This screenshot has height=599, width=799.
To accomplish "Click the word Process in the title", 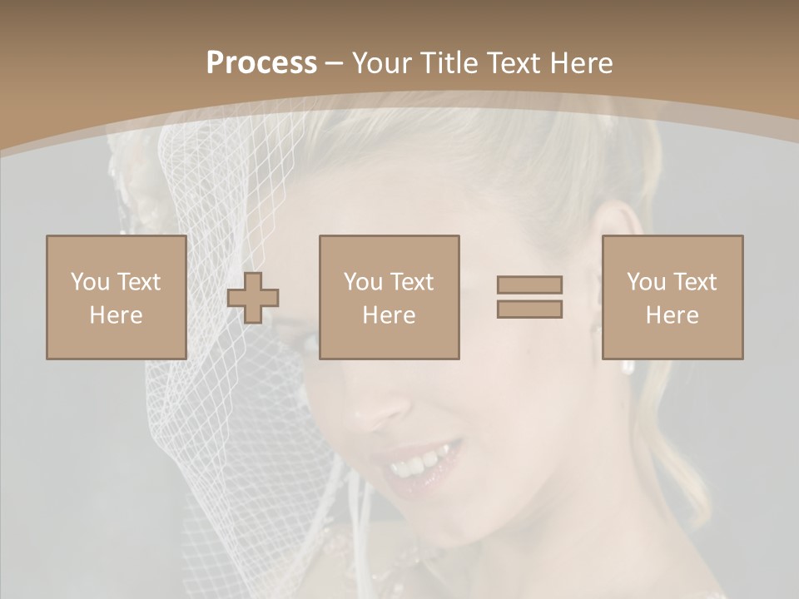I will point(261,63).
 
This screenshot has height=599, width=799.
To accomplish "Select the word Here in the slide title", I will point(580,63).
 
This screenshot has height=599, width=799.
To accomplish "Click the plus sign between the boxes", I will point(253,297).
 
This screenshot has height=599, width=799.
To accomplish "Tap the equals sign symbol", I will point(529,297).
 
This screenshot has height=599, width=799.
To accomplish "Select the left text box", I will point(116,297).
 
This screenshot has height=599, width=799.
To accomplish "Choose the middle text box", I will point(390,297).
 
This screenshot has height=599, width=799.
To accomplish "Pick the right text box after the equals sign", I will point(672,297).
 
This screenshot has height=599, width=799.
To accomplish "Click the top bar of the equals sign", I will point(529,285).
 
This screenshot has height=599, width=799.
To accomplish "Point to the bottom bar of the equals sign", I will point(529,309).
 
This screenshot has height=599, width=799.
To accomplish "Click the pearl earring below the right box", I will point(628,367).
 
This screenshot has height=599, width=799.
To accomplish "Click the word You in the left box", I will point(91,282).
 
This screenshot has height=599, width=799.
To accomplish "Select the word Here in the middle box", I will point(390,315).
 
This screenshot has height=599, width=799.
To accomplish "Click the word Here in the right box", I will point(672,315).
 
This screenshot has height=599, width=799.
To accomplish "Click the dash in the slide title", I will point(335,63).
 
